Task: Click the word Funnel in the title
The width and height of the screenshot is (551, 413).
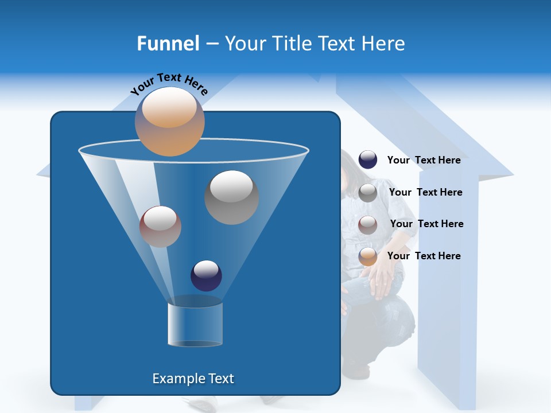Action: (x=168, y=43)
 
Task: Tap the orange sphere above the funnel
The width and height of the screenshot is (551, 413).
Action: (x=169, y=121)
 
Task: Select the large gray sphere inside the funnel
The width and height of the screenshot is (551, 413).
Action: (x=231, y=197)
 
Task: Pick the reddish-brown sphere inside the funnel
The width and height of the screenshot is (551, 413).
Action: (x=160, y=227)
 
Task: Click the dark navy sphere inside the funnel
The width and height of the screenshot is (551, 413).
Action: (x=206, y=275)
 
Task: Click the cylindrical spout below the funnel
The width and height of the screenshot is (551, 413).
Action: (x=195, y=324)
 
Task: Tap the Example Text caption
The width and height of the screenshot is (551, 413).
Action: (x=193, y=379)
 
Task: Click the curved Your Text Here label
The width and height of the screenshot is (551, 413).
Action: (x=169, y=84)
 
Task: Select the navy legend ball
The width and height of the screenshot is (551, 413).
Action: (x=368, y=159)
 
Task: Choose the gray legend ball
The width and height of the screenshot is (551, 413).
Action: (x=368, y=193)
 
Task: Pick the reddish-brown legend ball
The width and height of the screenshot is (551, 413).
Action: (x=368, y=224)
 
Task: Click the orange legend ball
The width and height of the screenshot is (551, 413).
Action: (x=368, y=256)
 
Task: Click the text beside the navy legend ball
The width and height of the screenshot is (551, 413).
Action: (x=424, y=160)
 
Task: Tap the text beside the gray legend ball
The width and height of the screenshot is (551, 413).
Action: (x=425, y=192)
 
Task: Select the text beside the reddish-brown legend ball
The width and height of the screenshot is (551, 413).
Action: (x=426, y=224)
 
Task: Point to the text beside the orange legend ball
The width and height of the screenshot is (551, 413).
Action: (x=424, y=256)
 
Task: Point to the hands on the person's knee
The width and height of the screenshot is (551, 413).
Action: (x=380, y=281)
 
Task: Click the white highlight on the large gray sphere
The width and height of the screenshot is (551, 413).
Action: (x=231, y=185)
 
